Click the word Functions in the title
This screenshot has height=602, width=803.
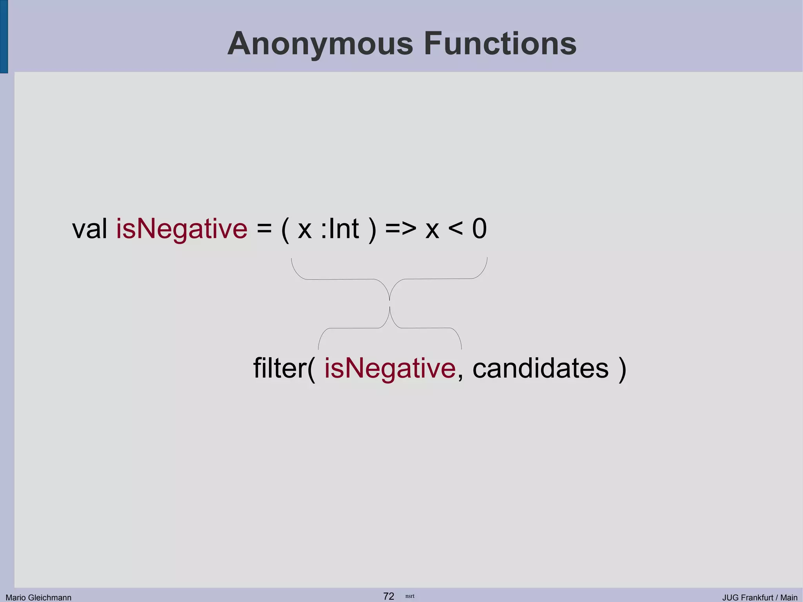click(500, 44)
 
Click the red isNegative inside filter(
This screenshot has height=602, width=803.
click(390, 368)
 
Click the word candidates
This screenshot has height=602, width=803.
click(540, 368)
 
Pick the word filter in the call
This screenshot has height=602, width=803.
click(280, 368)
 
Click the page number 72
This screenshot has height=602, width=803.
click(389, 596)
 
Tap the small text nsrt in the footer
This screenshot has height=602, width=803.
click(410, 596)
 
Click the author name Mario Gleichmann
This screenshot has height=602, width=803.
click(38, 597)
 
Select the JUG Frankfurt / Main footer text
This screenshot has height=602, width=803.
click(759, 597)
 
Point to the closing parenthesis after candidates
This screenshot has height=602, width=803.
click(622, 369)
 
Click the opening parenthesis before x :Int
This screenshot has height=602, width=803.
click(285, 229)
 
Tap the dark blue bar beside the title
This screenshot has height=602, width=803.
click(4, 36)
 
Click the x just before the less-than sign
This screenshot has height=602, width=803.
click(432, 229)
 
